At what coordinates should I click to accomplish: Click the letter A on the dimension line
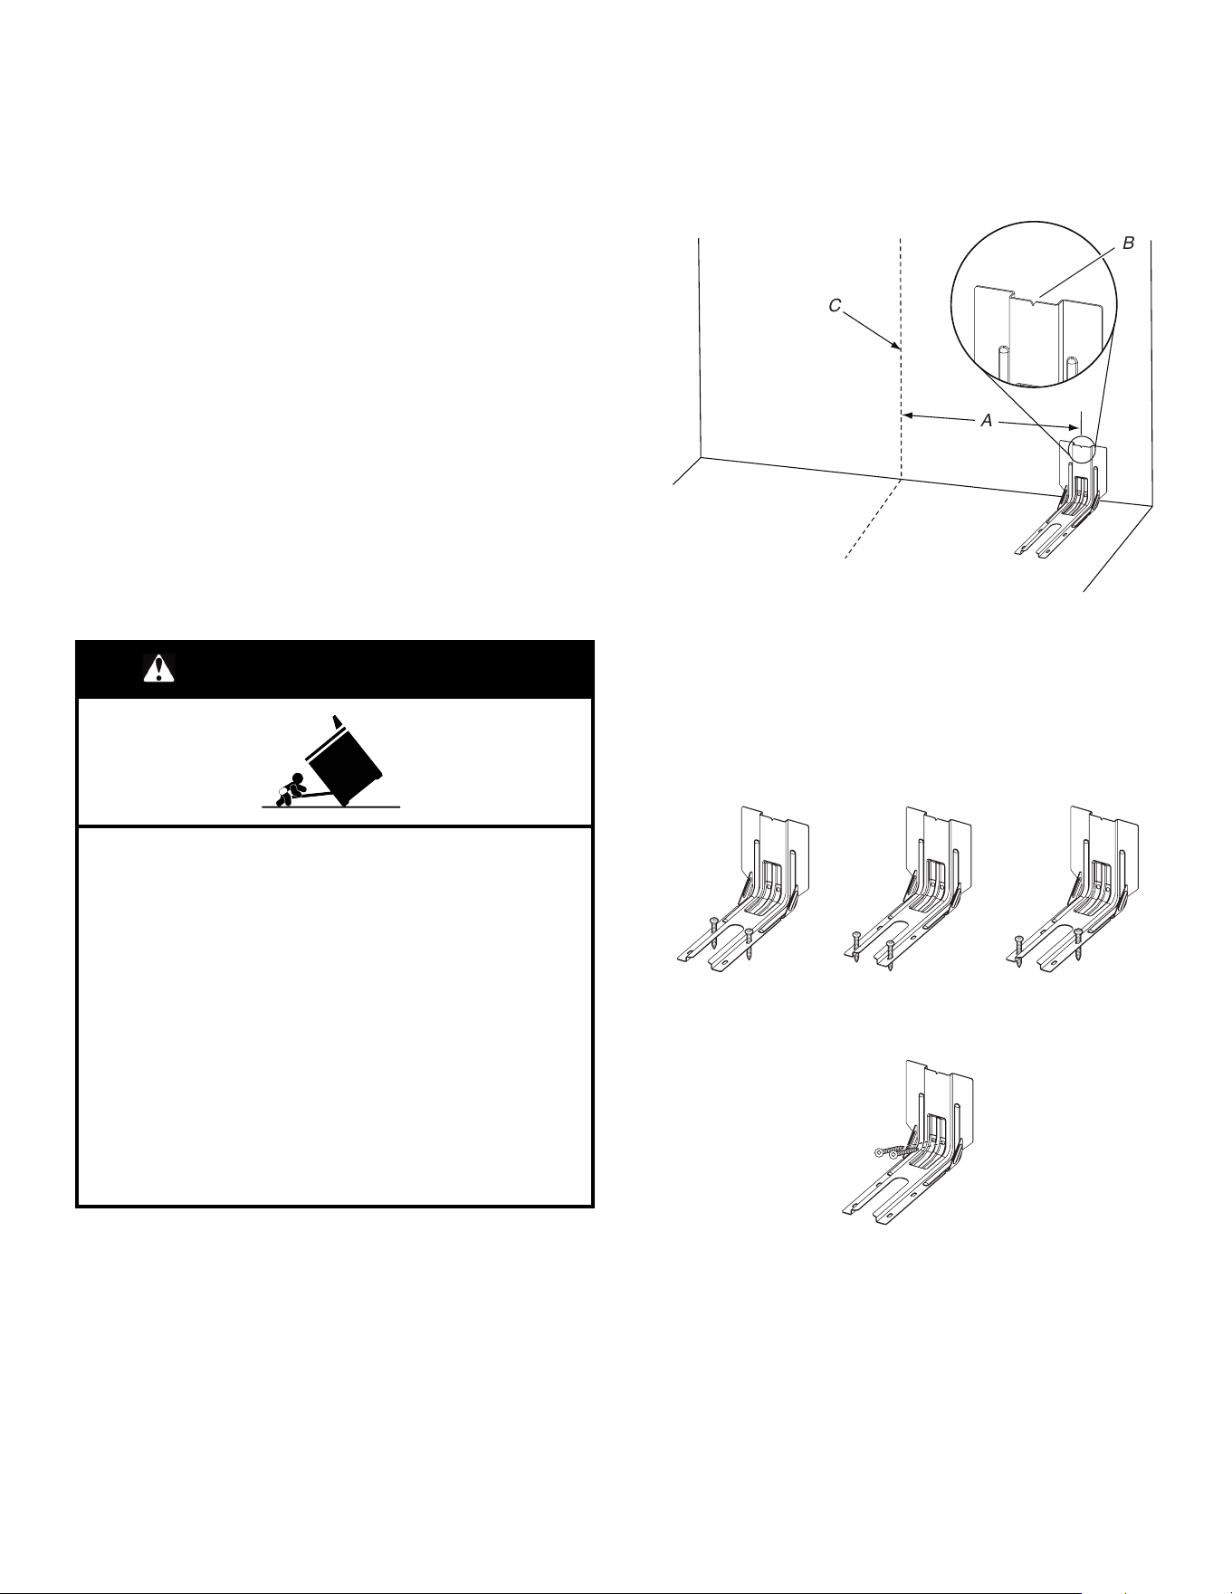click(988, 421)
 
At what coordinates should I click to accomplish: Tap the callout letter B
click(1128, 243)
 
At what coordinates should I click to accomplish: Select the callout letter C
click(836, 306)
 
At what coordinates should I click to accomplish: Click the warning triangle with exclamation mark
click(159, 668)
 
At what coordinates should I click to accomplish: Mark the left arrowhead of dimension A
click(909, 415)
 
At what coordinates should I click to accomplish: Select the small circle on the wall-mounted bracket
click(1081, 450)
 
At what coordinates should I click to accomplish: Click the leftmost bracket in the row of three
click(743, 892)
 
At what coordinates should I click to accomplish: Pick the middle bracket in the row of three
click(908, 892)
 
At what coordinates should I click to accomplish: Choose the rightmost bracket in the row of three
click(1073, 892)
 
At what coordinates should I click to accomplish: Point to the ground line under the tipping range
click(330, 806)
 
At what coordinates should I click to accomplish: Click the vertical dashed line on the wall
click(901, 357)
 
